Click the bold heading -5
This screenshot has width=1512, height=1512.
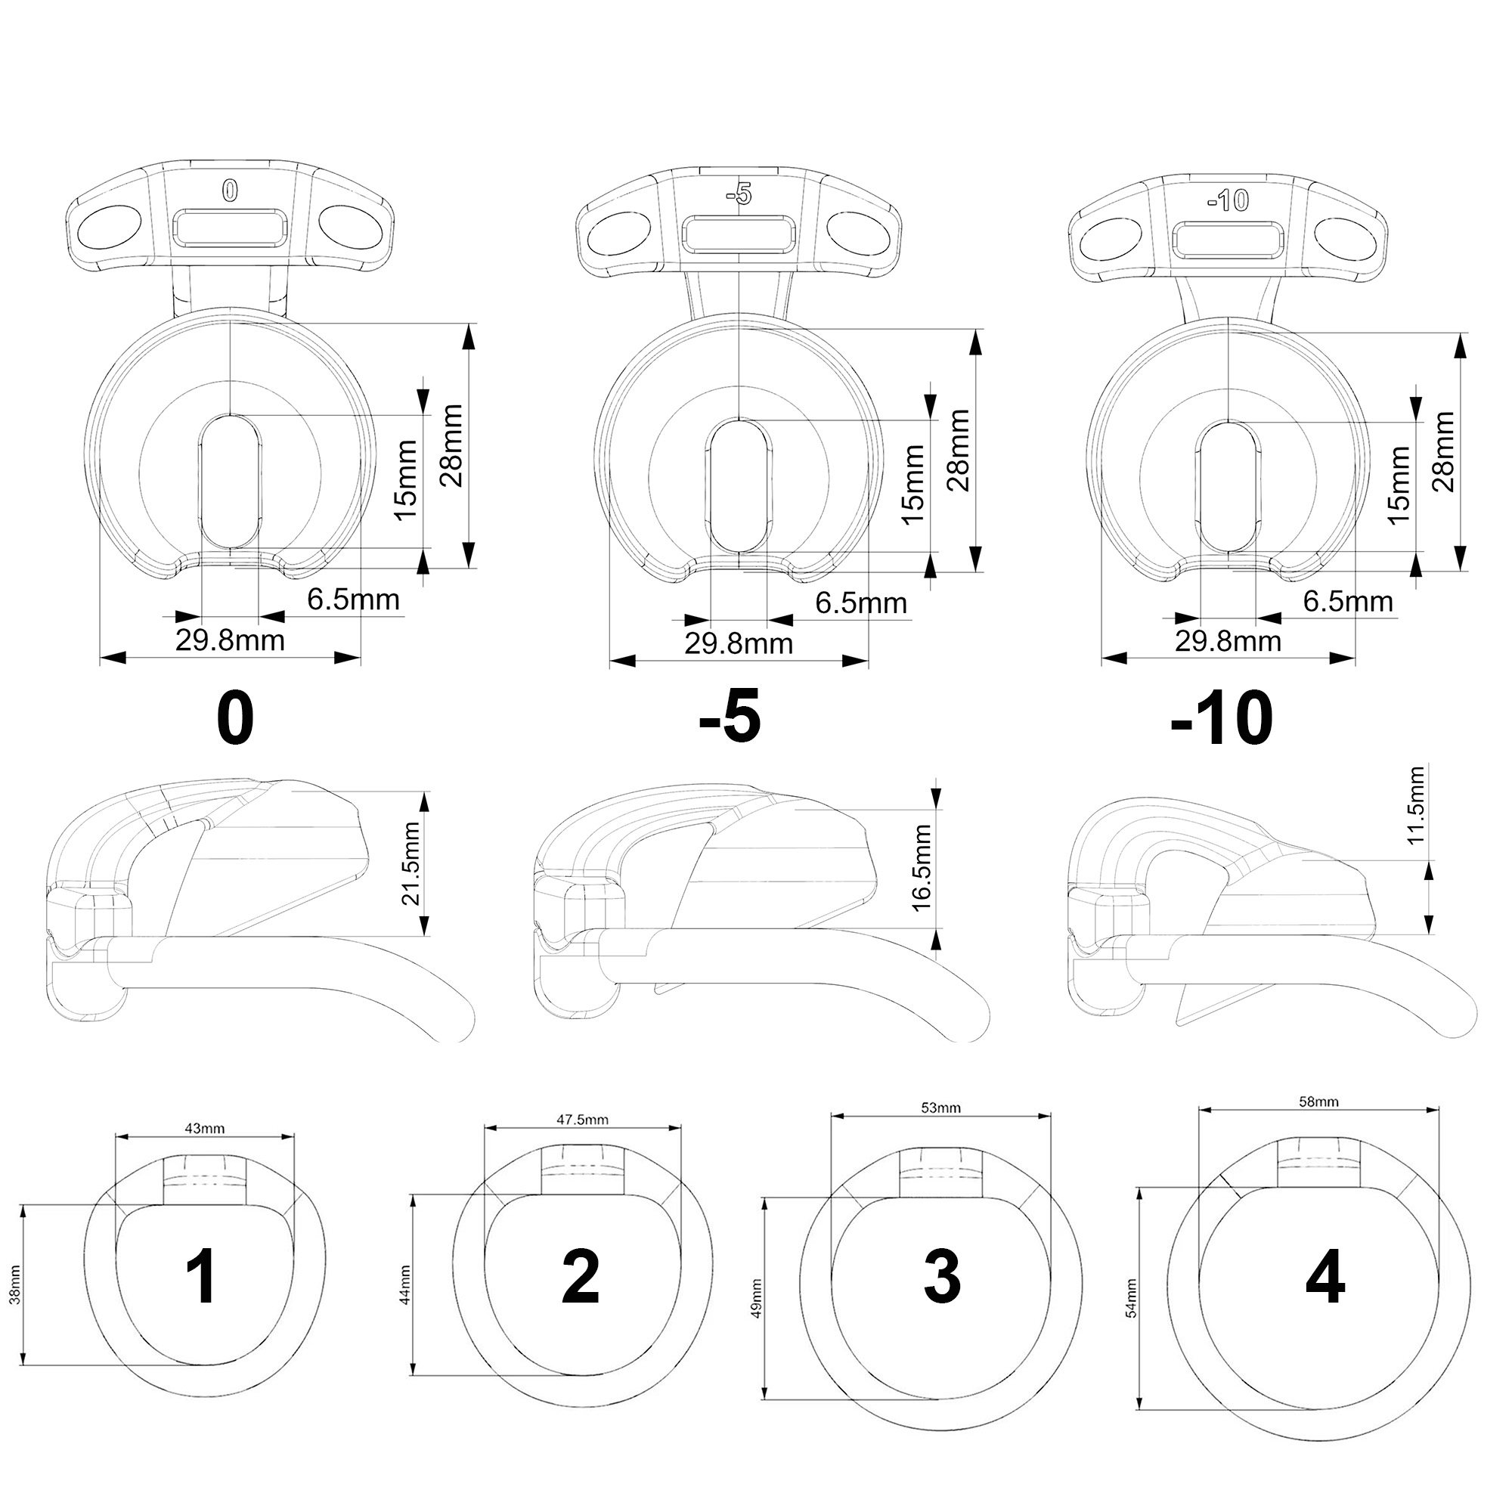[x=730, y=717]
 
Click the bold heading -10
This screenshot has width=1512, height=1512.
[x=1222, y=717]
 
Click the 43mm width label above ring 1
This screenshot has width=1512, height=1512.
[x=204, y=1128]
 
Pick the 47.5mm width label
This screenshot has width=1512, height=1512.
[x=582, y=1119]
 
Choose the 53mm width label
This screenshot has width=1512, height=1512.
[x=940, y=1108]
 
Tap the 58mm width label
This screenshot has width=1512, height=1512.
[x=1318, y=1101]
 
